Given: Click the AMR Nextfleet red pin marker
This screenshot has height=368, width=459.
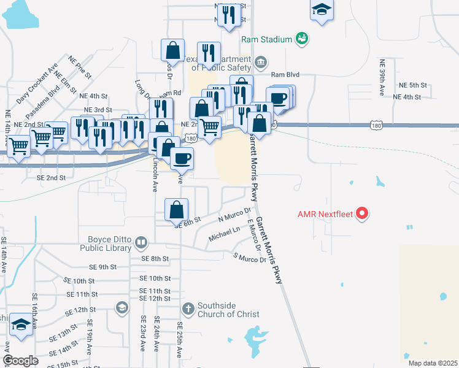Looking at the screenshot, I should [363, 214].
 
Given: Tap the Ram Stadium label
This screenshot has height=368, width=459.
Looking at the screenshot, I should [266, 39].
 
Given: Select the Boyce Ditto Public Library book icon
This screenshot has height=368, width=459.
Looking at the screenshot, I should [141, 242].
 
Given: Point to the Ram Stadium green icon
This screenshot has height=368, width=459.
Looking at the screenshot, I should [301, 39].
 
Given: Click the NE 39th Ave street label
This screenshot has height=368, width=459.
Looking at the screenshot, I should [382, 77].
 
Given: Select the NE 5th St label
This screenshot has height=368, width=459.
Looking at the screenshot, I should [412, 85].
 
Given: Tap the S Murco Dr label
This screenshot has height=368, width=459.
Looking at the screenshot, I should [250, 258].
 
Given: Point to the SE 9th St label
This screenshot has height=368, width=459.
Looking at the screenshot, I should [102, 267].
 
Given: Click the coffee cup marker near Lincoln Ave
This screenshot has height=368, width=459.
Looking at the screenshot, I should [182, 159].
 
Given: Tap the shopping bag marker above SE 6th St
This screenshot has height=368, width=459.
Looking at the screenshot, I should [176, 210].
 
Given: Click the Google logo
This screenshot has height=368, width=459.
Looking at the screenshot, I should [20, 361].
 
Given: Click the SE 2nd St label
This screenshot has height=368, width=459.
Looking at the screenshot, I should [51, 178].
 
